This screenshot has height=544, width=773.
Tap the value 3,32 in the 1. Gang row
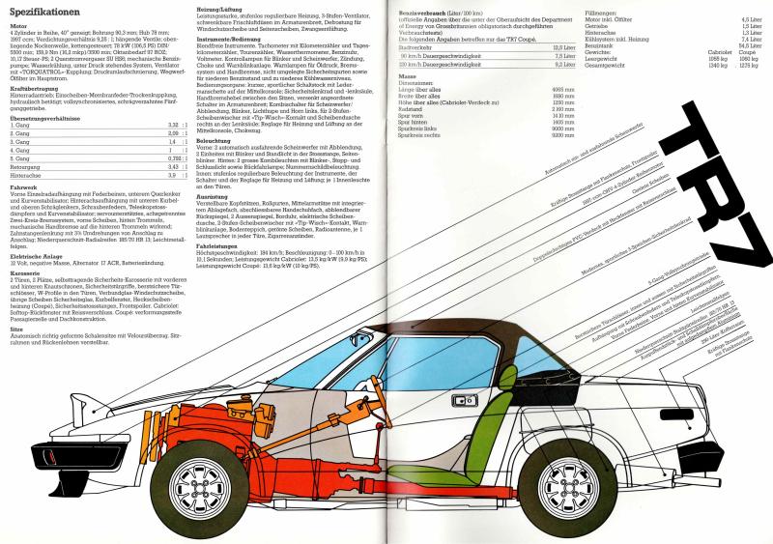(170, 125)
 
